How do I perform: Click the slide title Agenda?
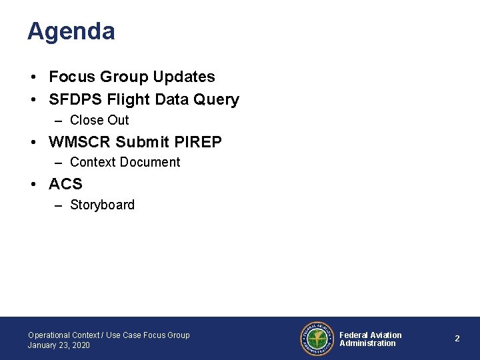71,31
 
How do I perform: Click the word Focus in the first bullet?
73,77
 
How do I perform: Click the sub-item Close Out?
99,121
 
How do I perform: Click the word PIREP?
198,142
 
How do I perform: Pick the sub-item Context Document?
125,163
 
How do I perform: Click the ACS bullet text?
65,184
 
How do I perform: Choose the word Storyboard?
102,205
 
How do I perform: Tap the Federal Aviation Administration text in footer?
371,339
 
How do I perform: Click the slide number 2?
457,339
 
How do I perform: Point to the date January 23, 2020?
59,345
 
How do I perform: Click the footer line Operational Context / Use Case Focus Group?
109,335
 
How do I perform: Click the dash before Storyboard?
59,205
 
